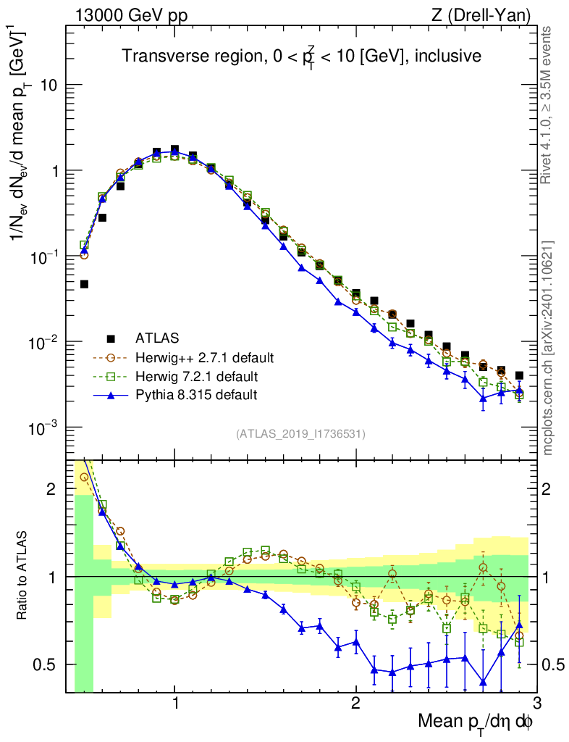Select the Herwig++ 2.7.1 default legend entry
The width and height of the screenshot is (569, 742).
[x=203, y=357]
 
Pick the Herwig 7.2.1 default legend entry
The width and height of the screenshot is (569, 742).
[x=197, y=376]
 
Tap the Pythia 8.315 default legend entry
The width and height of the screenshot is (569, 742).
[x=195, y=395]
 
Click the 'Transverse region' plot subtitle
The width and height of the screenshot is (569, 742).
[x=301, y=57]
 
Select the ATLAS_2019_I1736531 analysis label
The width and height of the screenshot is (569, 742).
[x=300, y=434]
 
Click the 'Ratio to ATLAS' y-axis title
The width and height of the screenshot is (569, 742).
[x=23, y=576]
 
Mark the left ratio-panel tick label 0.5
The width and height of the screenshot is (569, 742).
[x=50, y=664]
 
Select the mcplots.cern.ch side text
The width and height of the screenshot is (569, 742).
[x=548, y=349]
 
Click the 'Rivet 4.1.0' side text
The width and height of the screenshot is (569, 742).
[x=548, y=104]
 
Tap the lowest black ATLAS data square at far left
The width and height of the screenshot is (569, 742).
[x=84, y=284]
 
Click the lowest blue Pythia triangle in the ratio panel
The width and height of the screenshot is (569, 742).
[x=483, y=682]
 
